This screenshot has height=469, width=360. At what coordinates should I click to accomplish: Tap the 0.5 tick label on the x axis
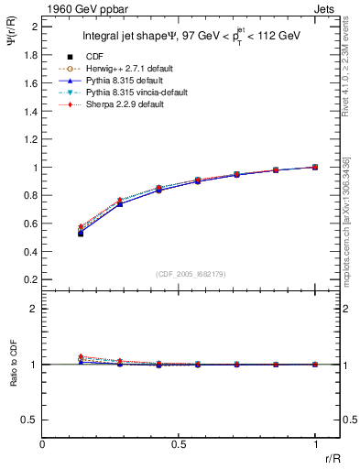[180, 443]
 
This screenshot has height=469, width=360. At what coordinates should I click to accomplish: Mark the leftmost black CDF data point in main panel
[81, 234]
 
